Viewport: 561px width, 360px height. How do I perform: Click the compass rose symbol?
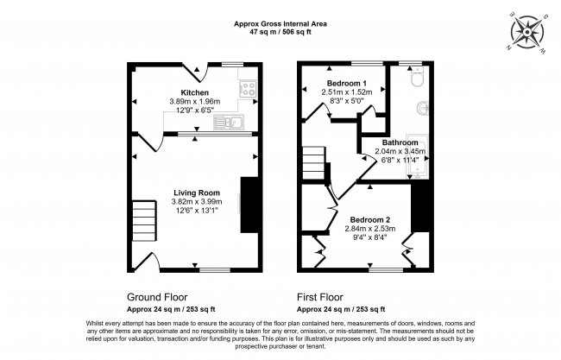pyautogui.click(x=527, y=33)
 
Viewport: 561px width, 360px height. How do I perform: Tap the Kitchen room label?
pyautogui.click(x=195, y=92)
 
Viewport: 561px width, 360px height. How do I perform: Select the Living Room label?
pyautogui.click(x=197, y=193)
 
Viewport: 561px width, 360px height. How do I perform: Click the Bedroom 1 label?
pyautogui.click(x=344, y=84)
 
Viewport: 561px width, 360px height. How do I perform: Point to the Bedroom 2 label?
pyautogui.click(x=370, y=220)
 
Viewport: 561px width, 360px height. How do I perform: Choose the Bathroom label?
pyautogui.click(x=400, y=142)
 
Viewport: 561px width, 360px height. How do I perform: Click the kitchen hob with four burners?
pyautogui.click(x=249, y=89)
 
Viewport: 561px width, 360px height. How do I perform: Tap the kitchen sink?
pyautogui.click(x=229, y=123)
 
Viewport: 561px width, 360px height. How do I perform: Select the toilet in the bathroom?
pyautogui.click(x=417, y=77)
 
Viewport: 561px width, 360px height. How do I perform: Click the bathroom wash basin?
pyautogui.click(x=423, y=108)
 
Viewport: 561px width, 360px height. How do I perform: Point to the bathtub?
pyautogui.click(x=418, y=157)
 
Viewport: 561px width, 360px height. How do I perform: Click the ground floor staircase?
pyautogui.click(x=144, y=220)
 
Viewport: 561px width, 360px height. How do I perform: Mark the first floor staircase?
pyautogui.click(x=314, y=163)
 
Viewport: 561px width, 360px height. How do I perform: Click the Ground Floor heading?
pyautogui.click(x=157, y=297)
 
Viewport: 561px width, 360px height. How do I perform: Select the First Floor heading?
pyautogui.click(x=320, y=297)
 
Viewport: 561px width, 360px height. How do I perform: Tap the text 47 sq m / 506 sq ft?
pyautogui.click(x=280, y=32)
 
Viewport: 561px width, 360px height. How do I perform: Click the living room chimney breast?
pyautogui.click(x=249, y=205)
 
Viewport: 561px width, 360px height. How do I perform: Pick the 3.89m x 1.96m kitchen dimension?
pyautogui.click(x=195, y=102)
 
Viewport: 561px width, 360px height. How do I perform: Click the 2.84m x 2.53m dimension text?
pyautogui.click(x=370, y=229)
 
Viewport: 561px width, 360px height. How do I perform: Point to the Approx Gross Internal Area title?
pyautogui.click(x=280, y=24)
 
